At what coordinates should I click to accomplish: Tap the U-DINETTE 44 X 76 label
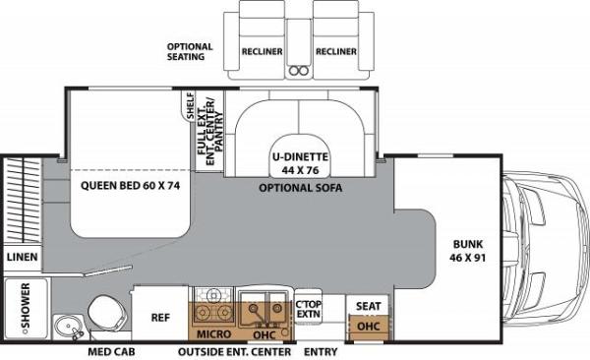click(x=300, y=162)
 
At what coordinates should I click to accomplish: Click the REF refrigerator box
click(x=161, y=318)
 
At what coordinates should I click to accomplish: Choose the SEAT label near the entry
click(x=368, y=306)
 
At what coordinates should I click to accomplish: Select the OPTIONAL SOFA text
click(x=300, y=187)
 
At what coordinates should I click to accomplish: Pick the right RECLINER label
click(x=334, y=52)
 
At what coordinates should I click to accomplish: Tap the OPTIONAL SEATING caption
click(x=191, y=51)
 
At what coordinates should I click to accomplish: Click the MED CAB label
click(x=112, y=351)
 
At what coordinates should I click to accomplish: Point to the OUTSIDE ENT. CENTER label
click(x=234, y=351)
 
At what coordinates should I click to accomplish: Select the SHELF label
click(x=189, y=106)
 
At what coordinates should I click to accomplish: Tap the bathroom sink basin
click(x=67, y=325)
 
